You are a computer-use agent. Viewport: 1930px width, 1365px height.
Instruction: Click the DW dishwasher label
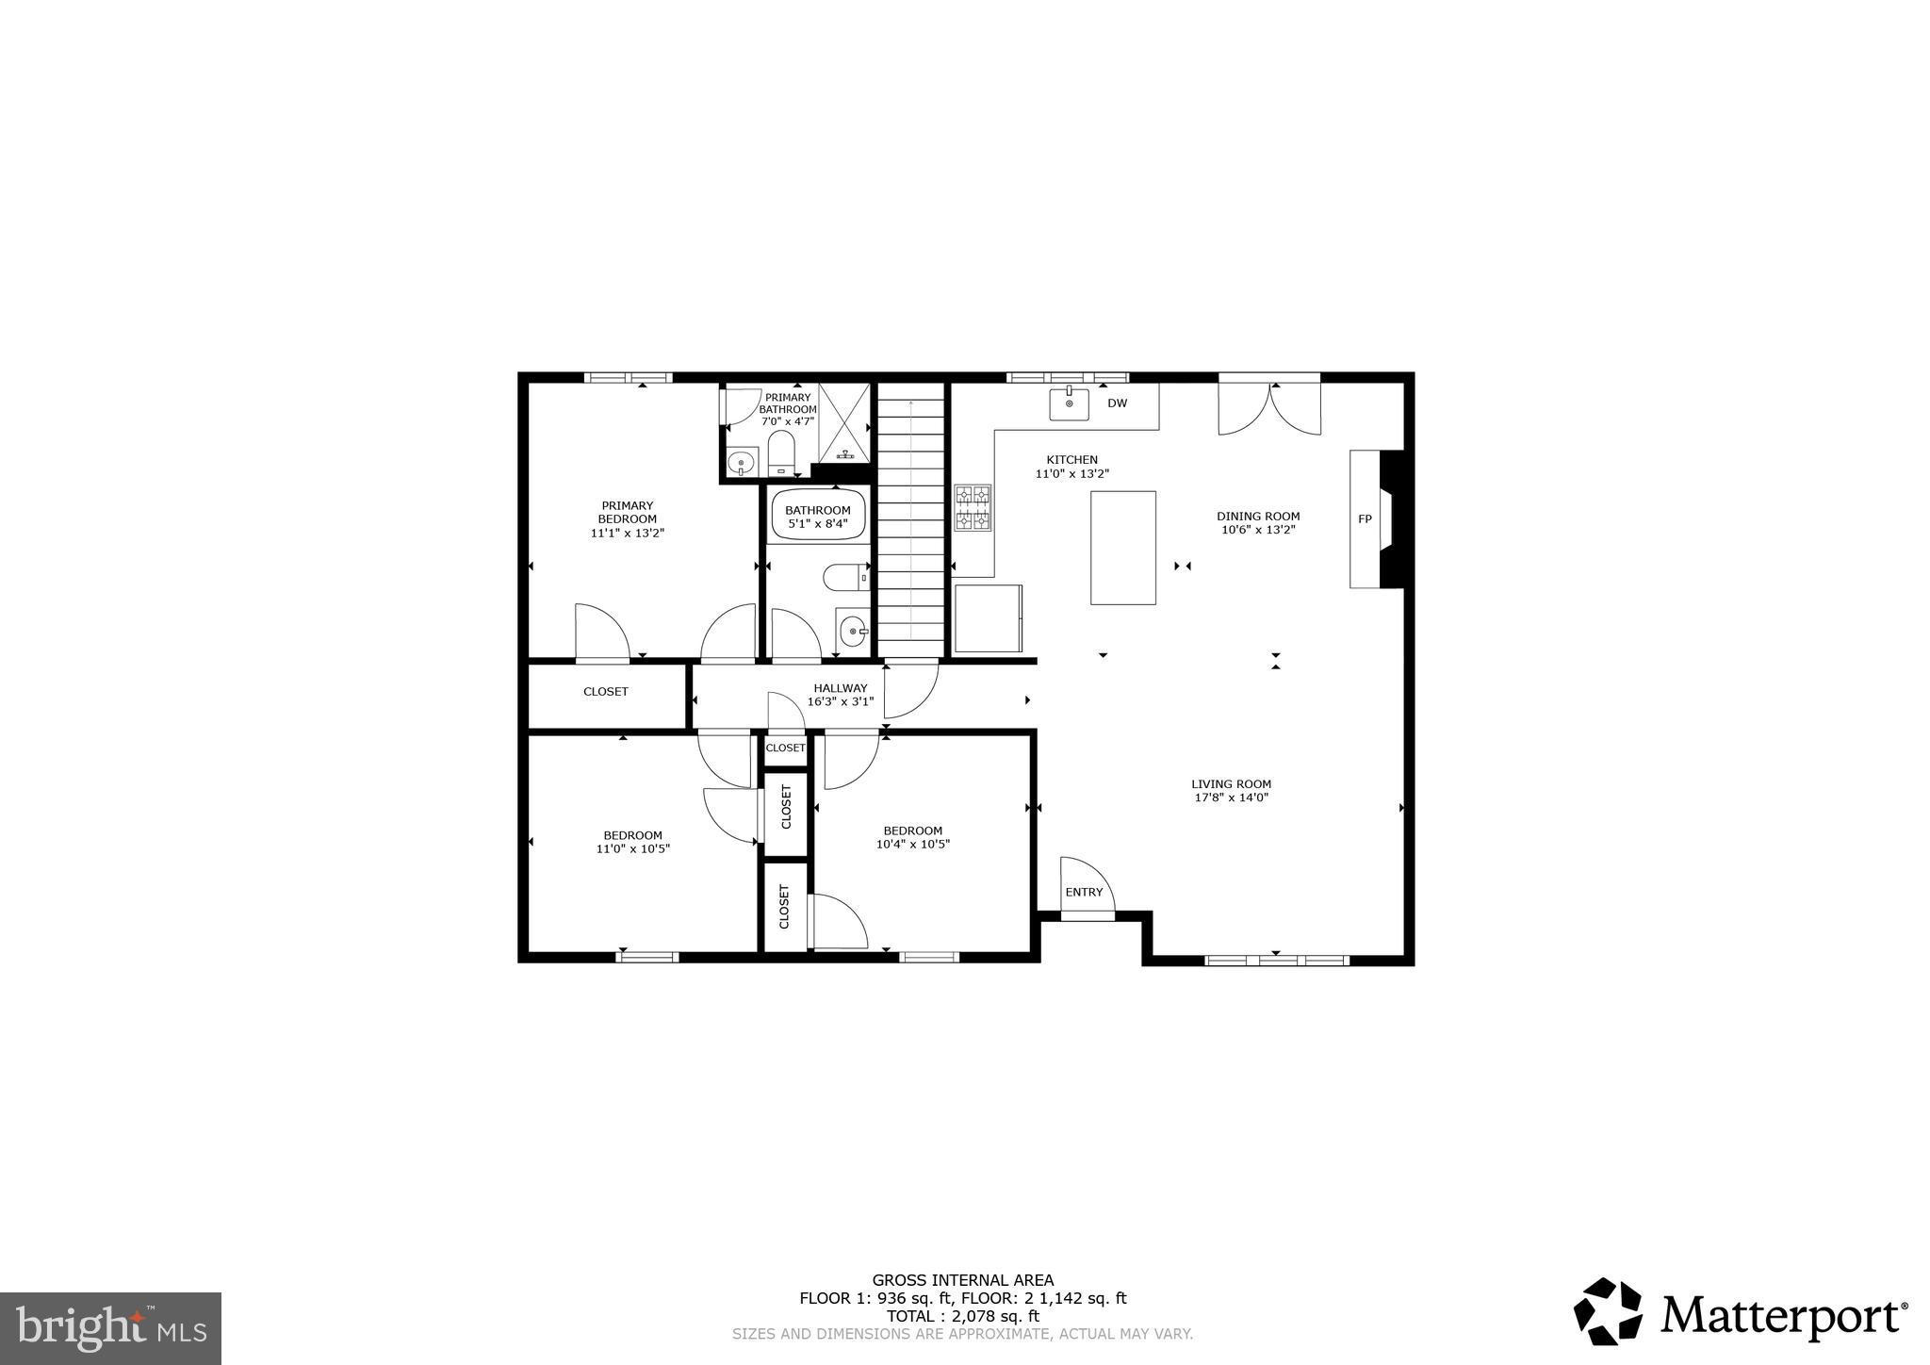[x=1117, y=403]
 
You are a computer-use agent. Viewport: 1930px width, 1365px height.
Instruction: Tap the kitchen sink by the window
[x=1069, y=403]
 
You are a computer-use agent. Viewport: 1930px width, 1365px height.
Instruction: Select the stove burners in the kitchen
[x=973, y=508]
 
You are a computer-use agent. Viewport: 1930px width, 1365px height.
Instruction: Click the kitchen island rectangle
[x=1122, y=548]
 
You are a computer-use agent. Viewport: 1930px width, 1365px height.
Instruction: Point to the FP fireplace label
[x=1364, y=519]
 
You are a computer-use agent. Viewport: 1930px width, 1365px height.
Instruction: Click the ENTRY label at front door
[x=1084, y=893]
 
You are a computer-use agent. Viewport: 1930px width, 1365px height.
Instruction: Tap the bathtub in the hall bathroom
[x=817, y=516]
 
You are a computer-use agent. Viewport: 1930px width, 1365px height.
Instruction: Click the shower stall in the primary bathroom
[x=843, y=423]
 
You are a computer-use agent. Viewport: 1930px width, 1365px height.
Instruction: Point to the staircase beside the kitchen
[x=911, y=523]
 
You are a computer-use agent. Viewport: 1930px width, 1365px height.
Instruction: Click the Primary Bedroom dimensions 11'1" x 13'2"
[x=628, y=534]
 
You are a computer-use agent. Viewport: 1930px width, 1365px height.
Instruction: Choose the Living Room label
[x=1231, y=784]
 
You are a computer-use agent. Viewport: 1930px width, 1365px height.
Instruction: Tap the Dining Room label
[x=1257, y=517]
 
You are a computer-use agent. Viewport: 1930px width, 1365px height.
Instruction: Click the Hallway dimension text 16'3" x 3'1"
[x=841, y=702]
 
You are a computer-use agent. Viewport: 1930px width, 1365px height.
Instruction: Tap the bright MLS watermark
[x=110, y=1328]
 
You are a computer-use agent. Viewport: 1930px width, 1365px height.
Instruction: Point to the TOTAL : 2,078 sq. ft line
[x=962, y=1316]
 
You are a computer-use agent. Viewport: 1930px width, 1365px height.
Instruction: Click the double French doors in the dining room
[x=1269, y=407]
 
